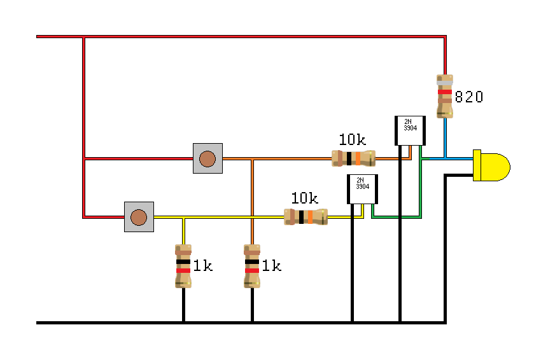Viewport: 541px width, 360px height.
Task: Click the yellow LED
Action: [491, 167]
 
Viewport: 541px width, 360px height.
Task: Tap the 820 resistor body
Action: [445, 97]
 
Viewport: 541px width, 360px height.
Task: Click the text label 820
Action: [469, 97]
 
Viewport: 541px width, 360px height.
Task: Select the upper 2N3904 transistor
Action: [410, 132]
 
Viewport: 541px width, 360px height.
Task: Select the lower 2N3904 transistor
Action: [362, 189]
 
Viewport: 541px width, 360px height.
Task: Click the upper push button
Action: [207, 158]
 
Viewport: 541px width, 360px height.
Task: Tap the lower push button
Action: [138, 217]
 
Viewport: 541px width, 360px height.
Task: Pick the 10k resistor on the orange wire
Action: [354, 158]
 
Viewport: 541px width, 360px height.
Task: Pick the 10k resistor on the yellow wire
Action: [306, 217]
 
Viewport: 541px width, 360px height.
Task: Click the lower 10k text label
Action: [304, 198]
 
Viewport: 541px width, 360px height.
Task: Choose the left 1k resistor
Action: [183, 266]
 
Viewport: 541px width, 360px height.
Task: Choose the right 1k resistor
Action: [252, 266]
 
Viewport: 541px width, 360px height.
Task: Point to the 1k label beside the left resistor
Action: [202, 266]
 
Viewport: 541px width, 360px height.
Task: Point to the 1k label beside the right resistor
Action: [272, 266]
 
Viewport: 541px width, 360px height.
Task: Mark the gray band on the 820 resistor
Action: [445, 83]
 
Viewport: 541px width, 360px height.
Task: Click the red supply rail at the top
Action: [255, 37]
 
